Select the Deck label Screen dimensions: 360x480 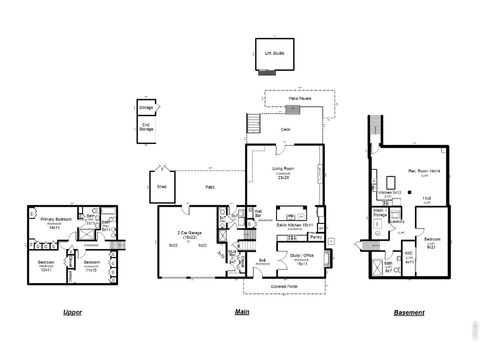285,129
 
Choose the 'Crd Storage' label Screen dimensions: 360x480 146,127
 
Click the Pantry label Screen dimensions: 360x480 315,238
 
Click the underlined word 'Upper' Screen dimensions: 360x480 72,313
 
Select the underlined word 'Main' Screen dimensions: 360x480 242,313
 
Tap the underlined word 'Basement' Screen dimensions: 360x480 409,313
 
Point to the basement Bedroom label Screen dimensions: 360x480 432,240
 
